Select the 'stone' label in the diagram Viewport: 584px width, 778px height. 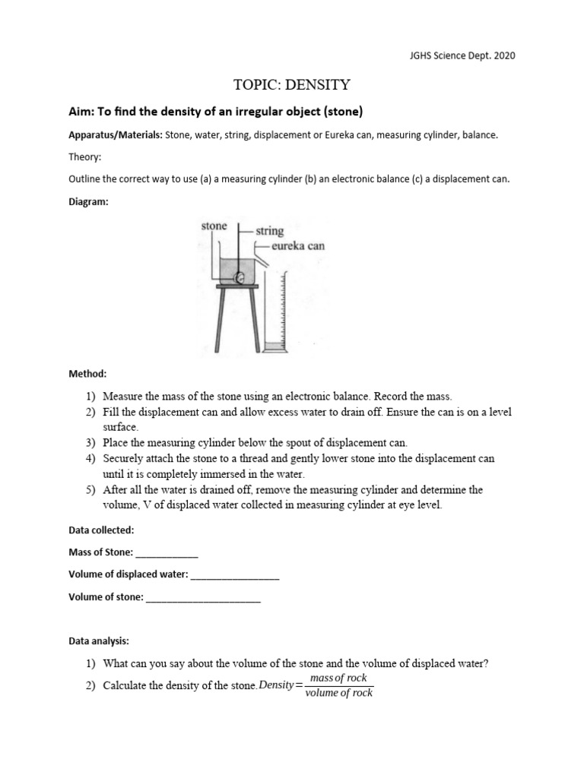[214, 226]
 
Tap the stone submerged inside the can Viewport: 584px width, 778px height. [239, 278]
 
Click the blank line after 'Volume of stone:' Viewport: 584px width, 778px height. [203, 597]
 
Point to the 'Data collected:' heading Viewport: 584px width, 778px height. [101, 530]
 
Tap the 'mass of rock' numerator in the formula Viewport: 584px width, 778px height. [338, 678]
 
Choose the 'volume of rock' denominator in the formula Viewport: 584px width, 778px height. [338, 693]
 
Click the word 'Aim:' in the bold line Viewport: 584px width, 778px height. [82, 112]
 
